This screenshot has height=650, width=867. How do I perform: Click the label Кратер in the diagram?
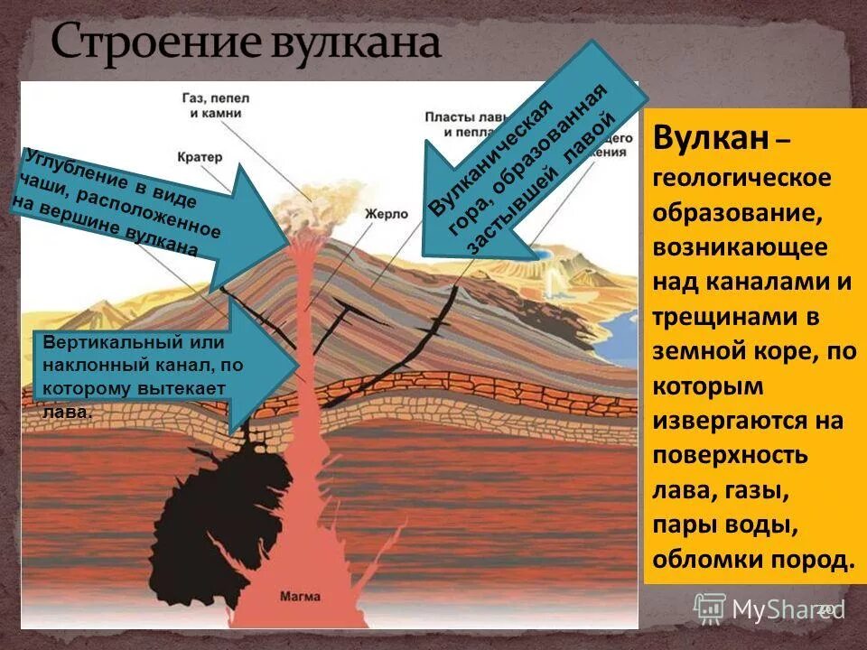click(x=200, y=156)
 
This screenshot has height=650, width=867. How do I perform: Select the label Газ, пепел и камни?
click(x=207, y=104)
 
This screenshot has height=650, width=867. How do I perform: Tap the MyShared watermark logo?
click(x=768, y=609)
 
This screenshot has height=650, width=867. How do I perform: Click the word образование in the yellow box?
click(x=729, y=213)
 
